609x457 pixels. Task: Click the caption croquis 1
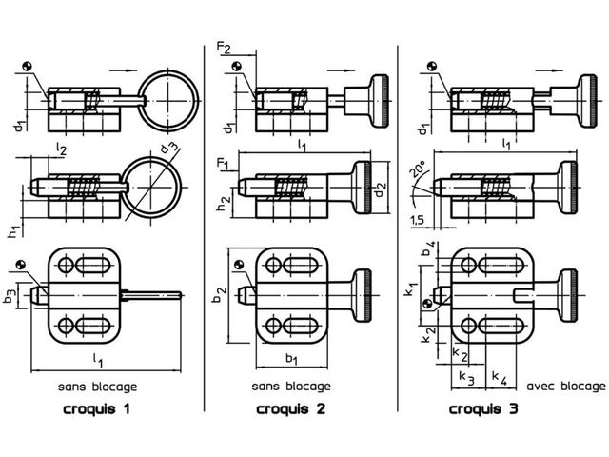96,408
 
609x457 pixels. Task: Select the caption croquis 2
290,408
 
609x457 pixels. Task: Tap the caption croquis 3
483,408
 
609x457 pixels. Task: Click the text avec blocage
566,387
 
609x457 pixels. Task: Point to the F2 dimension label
224,48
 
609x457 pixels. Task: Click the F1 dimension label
222,163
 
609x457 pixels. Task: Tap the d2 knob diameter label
381,189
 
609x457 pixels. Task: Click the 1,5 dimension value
417,221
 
